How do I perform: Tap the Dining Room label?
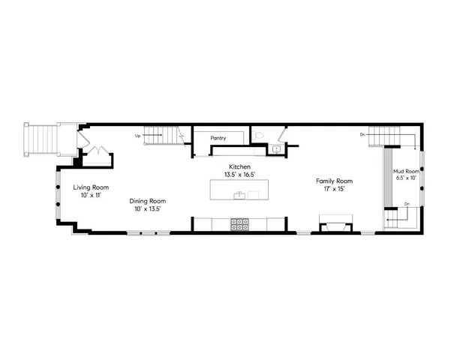pos(147,201)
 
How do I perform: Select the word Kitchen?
pos(240,166)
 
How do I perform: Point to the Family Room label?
pos(334,181)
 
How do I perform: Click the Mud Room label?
pos(407,171)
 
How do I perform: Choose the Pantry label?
pos(218,138)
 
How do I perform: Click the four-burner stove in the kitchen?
pos(240,223)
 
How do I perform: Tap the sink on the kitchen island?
pos(239,195)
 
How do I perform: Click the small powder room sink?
pos(275,149)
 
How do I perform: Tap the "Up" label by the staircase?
pos(137,136)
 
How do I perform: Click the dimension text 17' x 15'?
pos(334,189)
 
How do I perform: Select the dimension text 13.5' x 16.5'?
pos(240,175)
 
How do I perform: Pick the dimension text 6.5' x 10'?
pos(407,178)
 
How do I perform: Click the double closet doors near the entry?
pos(96,153)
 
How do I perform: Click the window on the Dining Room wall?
pos(147,233)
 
